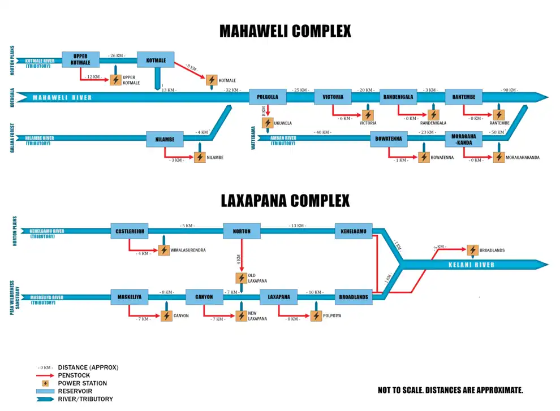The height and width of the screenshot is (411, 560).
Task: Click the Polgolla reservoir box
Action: [268, 97]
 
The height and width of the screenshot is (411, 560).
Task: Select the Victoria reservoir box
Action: [333, 97]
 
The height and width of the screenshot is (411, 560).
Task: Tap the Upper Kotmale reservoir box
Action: [80, 59]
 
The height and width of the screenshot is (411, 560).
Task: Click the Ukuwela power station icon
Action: [268, 123]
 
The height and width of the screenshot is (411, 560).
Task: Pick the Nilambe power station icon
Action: [200, 157]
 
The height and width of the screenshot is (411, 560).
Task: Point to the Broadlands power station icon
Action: [472, 250]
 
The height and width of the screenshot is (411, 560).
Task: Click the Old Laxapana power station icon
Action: [242, 278]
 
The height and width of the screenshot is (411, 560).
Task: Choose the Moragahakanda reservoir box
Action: [463, 139]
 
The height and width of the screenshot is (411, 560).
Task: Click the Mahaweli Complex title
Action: [285, 31]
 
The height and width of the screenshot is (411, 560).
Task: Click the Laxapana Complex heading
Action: [285, 201]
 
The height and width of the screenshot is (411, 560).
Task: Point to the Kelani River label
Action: [471, 265]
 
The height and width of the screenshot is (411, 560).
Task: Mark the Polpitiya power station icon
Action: [316, 316]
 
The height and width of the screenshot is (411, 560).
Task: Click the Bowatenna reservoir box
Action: [389, 139]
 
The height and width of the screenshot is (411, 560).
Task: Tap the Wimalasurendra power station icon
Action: [164, 250]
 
